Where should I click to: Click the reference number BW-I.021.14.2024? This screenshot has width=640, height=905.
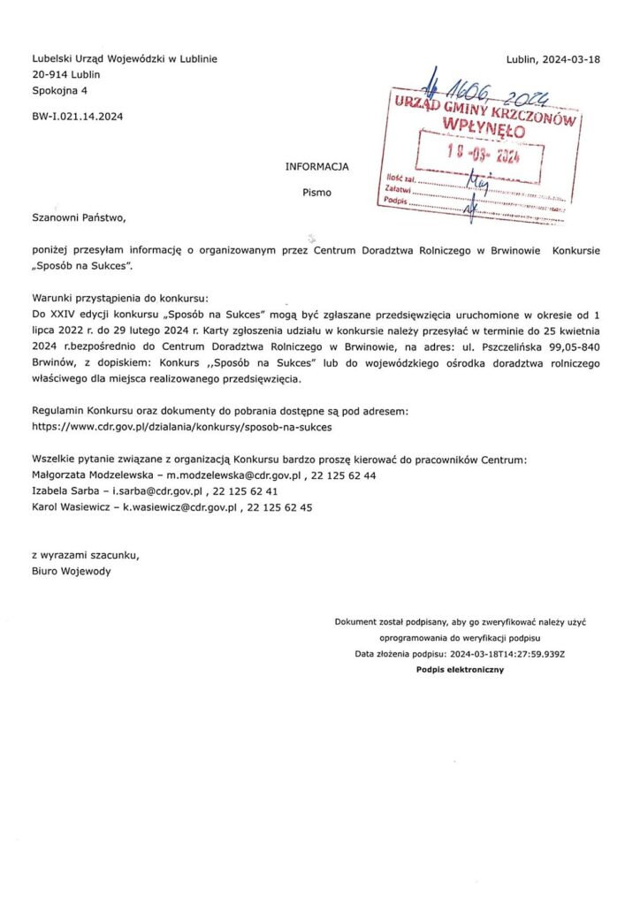[x=77, y=116]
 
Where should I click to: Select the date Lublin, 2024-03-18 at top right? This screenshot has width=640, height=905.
[x=553, y=59]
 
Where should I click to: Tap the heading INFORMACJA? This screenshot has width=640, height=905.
[x=316, y=166]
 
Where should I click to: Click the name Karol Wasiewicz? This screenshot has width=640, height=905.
[x=71, y=508]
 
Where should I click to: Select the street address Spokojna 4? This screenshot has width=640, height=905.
[x=59, y=91]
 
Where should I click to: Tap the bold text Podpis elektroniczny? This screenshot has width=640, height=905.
[x=460, y=671]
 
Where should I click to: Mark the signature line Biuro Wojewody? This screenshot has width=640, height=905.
[x=72, y=571]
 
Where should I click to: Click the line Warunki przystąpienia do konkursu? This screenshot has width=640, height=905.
[x=119, y=298]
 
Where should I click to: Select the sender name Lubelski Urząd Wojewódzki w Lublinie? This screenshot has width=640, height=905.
[x=124, y=59]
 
